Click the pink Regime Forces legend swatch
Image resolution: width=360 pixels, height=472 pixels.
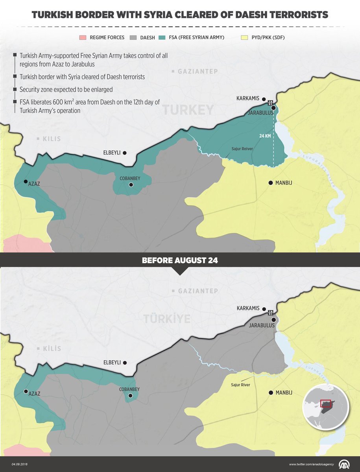(x=82, y=38)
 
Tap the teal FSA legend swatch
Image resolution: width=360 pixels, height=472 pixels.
(x=162, y=38)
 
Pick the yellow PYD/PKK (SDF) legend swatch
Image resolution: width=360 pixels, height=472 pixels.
(x=244, y=38)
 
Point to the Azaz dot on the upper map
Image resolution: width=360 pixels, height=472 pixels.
(x=26, y=182)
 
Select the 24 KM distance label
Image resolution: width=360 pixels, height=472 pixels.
(x=265, y=136)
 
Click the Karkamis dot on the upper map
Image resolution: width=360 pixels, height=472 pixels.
(x=264, y=100)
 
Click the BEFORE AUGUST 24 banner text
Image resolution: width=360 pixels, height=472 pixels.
(x=179, y=260)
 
